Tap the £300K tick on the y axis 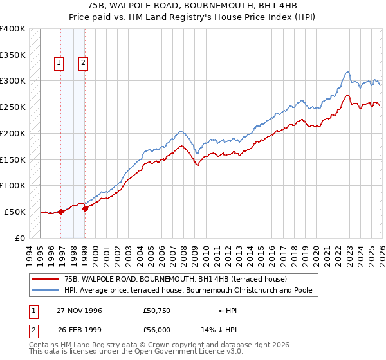(13, 81)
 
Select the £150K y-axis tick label (13, 159)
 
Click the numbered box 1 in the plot (59, 63)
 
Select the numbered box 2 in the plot (84, 63)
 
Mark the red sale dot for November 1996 (61, 211)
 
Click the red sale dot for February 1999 (86, 208)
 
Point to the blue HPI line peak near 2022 (347, 72)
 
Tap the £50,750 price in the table (157, 310)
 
